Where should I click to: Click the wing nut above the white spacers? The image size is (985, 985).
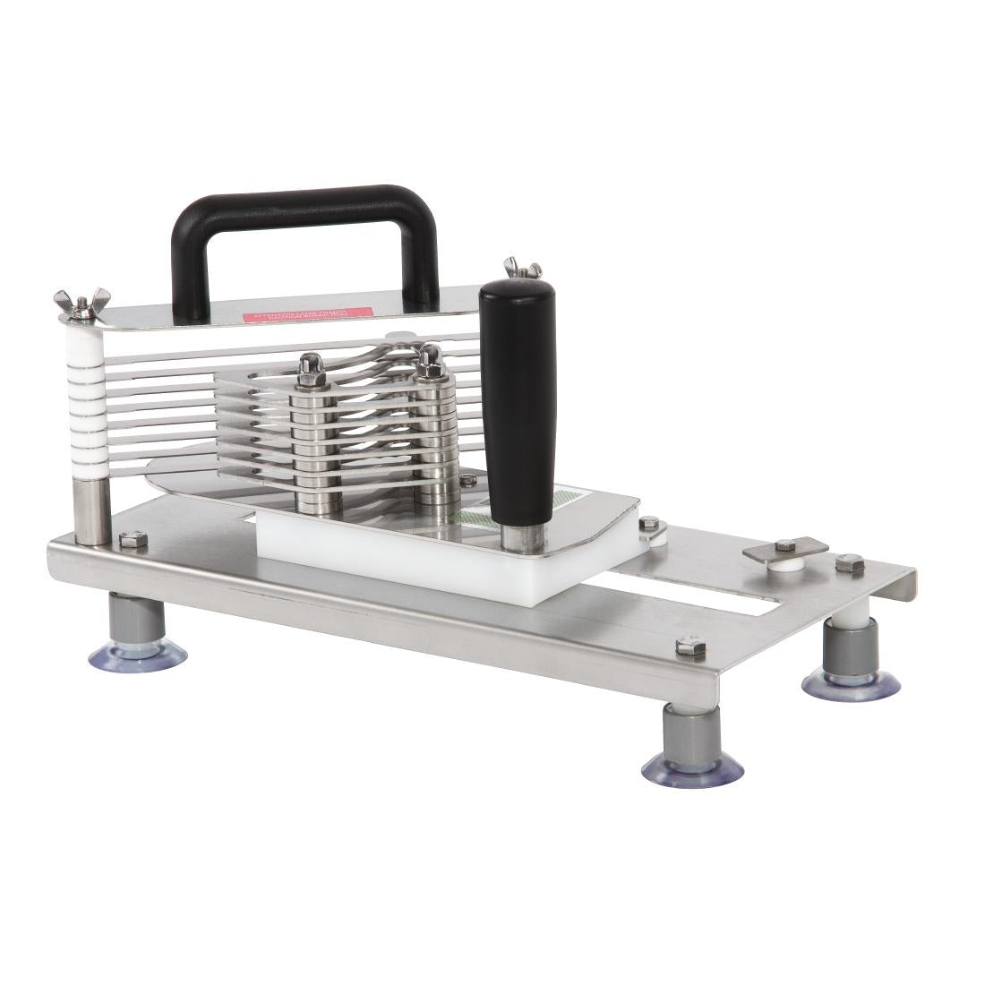pyautogui.click(x=81, y=304)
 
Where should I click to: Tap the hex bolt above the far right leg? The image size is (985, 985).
pyautogui.click(x=849, y=564)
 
